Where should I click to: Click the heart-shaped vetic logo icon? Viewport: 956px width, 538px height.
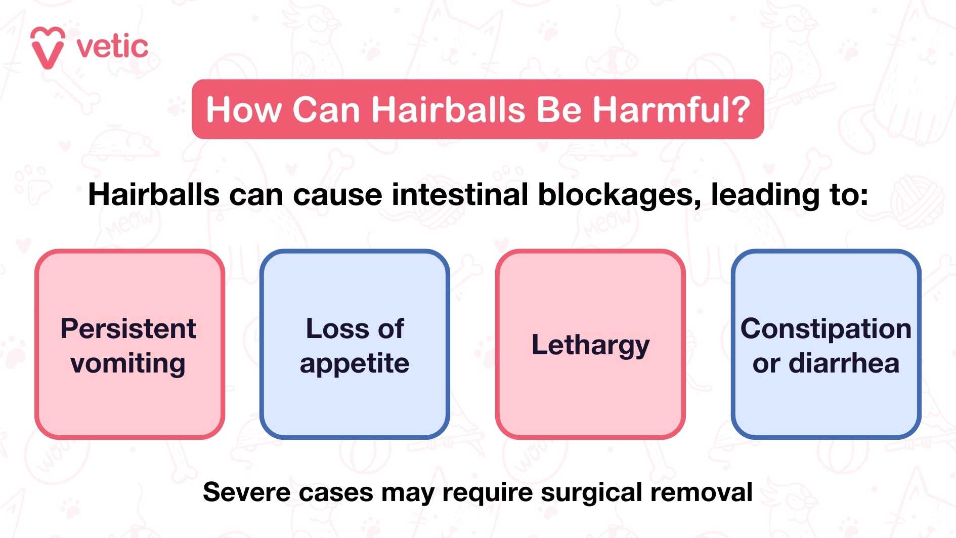(x=48, y=48)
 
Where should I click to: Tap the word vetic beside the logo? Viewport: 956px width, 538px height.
(x=112, y=47)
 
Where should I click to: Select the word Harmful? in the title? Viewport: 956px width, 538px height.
(x=671, y=109)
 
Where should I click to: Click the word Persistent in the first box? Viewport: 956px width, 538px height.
(x=128, y=328)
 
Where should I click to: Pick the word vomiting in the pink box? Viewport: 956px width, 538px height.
(x=128, y=364)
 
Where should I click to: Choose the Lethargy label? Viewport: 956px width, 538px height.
(x=590, y=346)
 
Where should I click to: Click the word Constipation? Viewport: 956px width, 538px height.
(x=826, y=329)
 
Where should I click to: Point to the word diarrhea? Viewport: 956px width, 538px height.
(x=844, y=363)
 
